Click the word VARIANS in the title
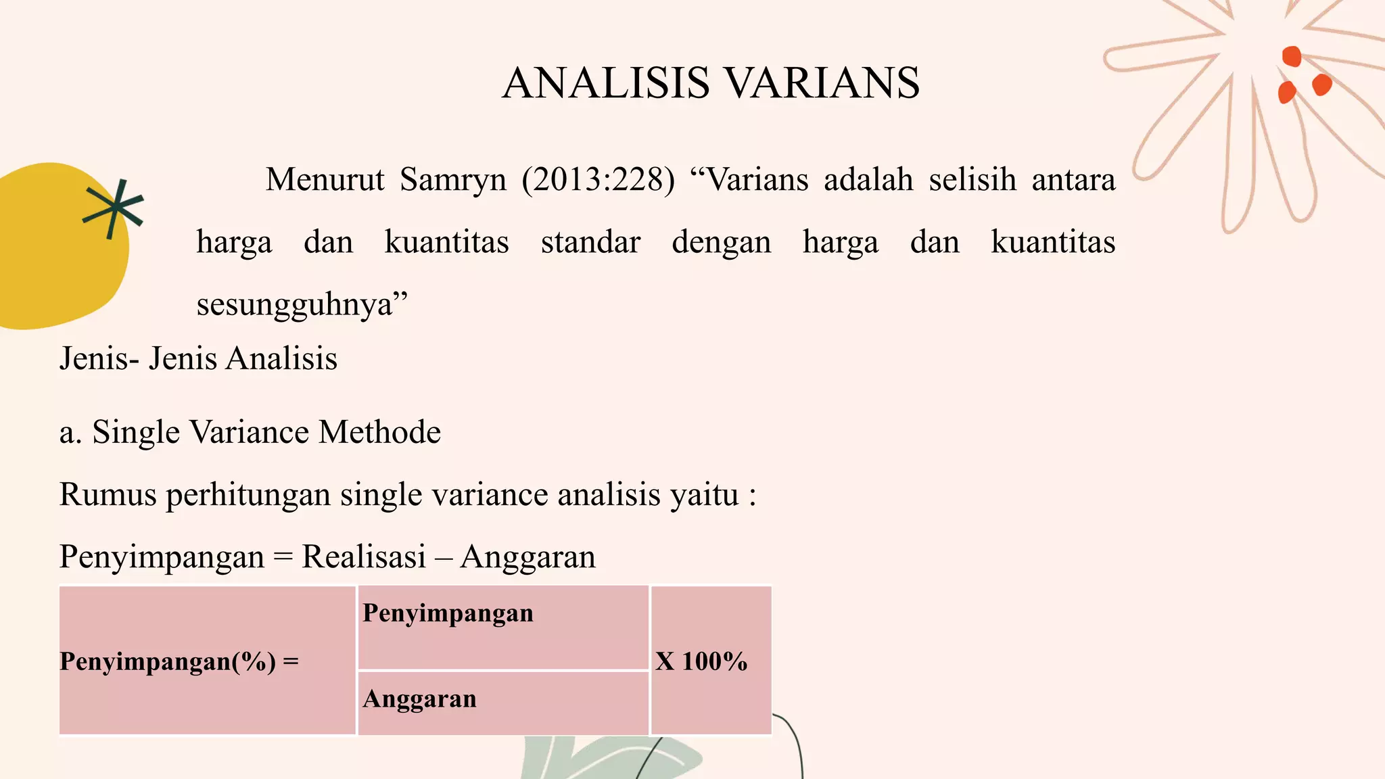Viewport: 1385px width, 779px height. (x=822, y=83)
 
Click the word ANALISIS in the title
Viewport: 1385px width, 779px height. (x=606, y=83)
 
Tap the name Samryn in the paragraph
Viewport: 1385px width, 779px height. (x=452, y=180)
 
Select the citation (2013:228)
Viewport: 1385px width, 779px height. (x=598, y=180)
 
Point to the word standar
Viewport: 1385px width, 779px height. (x=590, y=242)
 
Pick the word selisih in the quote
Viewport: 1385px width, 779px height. (x=972, y=180)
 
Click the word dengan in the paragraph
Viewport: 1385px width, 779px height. (x=721, y=242)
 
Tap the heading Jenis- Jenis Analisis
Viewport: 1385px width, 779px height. (x=198, y=358)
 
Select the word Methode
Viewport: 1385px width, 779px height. (x=379, y=431)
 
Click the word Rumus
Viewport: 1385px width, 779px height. (x=108, y=494)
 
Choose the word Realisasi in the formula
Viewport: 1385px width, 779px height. (x=364, y=557)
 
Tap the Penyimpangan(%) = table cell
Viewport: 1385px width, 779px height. (x=207, y=661)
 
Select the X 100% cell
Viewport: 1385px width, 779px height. (x=710, y=661)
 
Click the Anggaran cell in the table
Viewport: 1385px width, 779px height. (x=502, y=702)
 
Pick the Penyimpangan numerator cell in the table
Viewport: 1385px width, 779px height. (x=502, y=627)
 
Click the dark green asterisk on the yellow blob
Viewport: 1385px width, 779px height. (x=113, y=208)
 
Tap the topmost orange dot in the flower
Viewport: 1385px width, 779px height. (x=1292, y=56)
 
